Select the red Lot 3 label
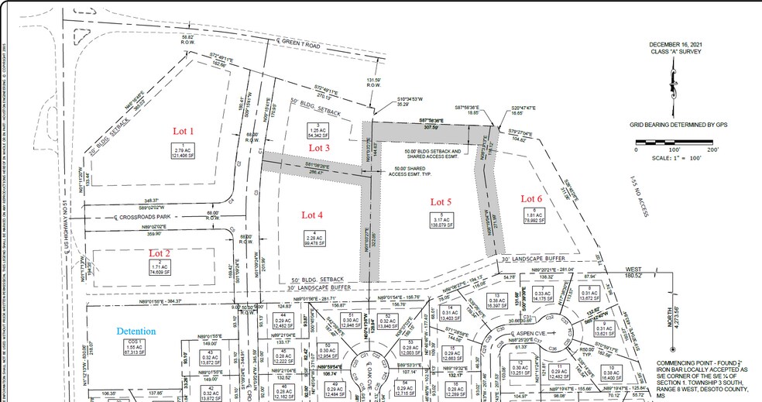click(320, 147)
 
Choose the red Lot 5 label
click(441, 201)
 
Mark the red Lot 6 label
click(533, 197)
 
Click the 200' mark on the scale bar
click(712, 149)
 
